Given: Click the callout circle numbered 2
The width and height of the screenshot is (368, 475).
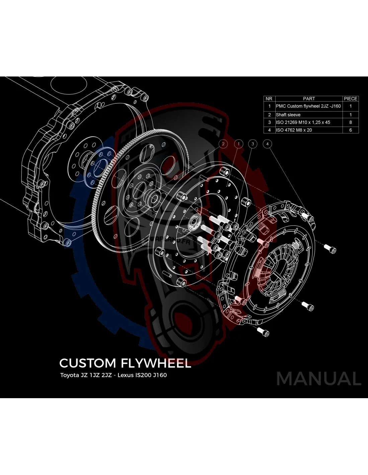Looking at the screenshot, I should [x=223, y=144].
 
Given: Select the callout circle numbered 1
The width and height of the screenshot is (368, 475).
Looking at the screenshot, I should [x=238, y=144].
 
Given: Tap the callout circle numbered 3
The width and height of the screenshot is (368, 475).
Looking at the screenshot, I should [x=253, y=144].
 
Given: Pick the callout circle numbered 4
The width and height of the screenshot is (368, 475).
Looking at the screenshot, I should [x=267, y=144].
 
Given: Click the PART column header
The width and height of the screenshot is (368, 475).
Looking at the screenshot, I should [x=309, y=99].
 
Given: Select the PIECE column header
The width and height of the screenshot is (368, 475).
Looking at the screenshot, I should [x=351, y=99].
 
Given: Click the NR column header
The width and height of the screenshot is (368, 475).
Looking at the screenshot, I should [x=269, y=99].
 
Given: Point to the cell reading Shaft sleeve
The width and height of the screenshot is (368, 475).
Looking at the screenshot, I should [x=288, y=115].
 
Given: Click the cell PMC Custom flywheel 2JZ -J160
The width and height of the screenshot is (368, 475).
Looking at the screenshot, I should [x=308, y=106].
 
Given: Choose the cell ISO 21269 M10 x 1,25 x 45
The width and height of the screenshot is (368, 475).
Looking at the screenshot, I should [x=303, y=122].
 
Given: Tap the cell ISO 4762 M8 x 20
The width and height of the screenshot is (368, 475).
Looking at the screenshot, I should [x=294, y=130].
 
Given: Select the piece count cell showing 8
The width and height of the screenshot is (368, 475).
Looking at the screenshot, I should [x=351, y=122].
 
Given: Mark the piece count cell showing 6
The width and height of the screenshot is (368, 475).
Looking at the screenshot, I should [x=351, y=130].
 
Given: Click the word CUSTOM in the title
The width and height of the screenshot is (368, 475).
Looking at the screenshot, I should [x=87, y=363].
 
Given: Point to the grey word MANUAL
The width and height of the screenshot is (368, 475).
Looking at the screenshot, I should [x=318, y=379].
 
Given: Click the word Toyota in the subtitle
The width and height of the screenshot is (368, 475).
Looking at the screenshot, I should [x=69, y=375].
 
